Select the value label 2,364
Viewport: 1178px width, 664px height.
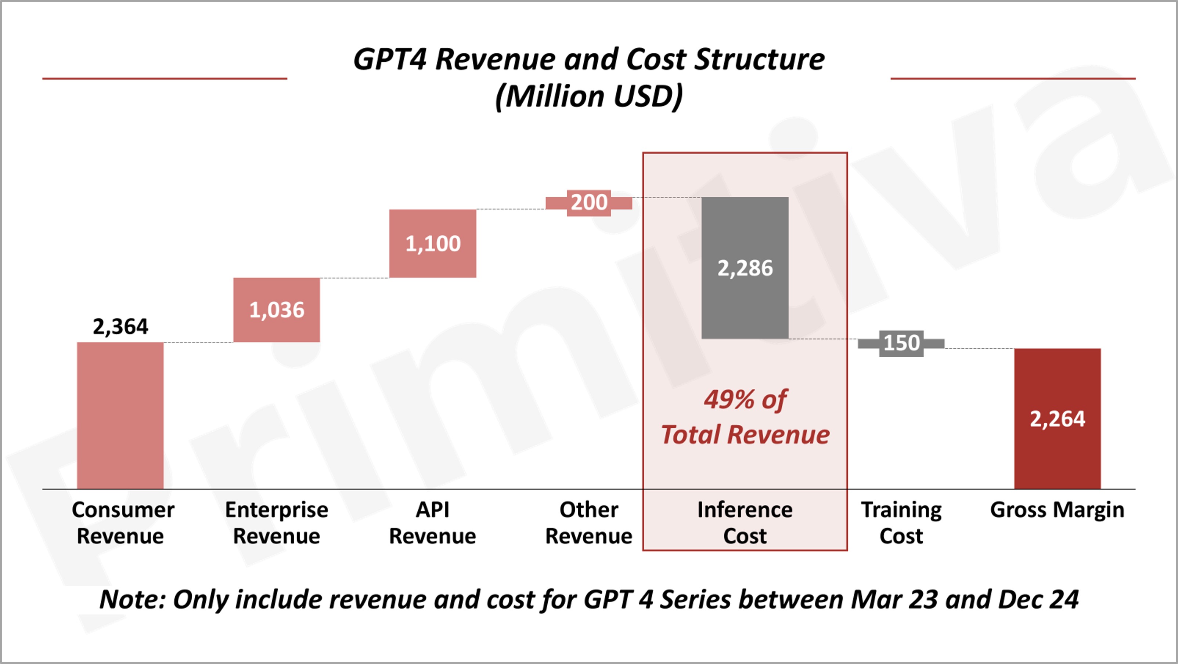[120, 326]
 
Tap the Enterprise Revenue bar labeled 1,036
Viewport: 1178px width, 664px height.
[277, 310]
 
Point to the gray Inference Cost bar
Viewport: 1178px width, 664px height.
[745, 268]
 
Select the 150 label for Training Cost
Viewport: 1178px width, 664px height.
[901, 343]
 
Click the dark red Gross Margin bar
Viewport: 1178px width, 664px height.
[1057, 418]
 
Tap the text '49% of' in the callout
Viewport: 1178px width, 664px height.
[745, 399]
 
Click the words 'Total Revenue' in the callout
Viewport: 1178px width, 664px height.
[745, 434]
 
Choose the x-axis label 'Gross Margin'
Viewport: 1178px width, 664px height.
[1057, 509]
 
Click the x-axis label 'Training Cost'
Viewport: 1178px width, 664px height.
[901, 522]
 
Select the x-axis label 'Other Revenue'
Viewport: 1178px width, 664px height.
[589, 522]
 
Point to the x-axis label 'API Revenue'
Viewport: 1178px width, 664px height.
[433, 522]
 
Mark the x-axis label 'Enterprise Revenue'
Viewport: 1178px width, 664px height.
[277, 522]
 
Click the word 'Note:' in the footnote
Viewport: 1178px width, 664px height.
[133, 599]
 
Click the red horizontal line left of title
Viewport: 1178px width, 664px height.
[165, 79]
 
